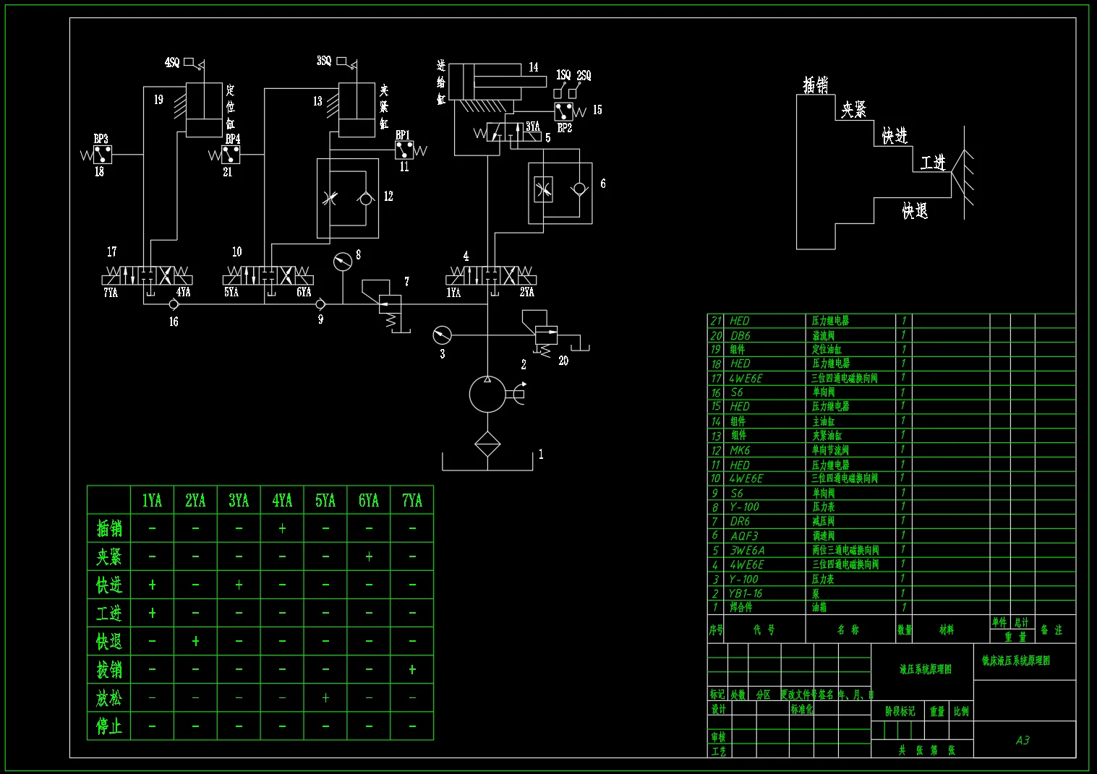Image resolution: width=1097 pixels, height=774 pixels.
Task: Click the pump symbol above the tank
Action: point(488,395)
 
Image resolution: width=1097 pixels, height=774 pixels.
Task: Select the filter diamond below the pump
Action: point(487,444)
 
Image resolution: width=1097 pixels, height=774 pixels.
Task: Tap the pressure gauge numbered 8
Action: point(343,261)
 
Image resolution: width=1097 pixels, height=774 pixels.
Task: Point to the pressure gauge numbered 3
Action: point(441,335)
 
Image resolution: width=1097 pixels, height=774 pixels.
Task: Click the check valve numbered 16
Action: point(174,304)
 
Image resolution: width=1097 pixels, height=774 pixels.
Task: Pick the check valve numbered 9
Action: point(320,304)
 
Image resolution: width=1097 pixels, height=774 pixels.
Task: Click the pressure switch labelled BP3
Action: point(103,154)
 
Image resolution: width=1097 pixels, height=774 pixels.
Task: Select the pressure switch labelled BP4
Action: point(231,154)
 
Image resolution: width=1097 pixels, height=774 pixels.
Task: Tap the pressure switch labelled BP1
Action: point(404,150)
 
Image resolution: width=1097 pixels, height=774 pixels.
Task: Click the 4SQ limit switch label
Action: point(172,63)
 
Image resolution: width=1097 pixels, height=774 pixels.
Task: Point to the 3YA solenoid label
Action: point(533,126)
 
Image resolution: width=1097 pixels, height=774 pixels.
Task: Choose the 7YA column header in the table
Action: point(411,500)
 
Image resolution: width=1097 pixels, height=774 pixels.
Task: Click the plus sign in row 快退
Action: point(195,641)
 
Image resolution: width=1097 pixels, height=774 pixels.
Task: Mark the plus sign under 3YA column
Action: point(239,585)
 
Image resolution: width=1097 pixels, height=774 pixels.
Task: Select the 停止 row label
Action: point(109,726)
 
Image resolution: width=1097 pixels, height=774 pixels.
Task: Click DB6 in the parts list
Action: point(740,335)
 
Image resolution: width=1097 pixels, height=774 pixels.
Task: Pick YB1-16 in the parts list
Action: point(746,593)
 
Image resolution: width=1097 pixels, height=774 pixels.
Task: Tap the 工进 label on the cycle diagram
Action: point(933,162)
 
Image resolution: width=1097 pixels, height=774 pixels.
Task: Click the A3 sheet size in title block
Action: point(1022,740)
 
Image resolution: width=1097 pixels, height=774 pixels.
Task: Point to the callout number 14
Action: point(533,67)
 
